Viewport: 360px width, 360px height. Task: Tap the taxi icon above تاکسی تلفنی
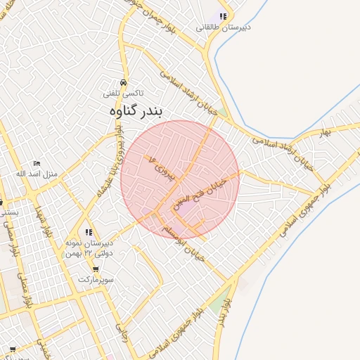[x=124, y=82]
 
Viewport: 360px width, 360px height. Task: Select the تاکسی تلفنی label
[x=123, y=93]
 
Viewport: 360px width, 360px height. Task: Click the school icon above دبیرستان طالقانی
[x=223, y=16]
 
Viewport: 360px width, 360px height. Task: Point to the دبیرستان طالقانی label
[x=223, y=27]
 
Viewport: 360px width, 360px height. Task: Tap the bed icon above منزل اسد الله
[x=37, y=163]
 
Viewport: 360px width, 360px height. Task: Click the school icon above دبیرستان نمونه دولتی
[x=89, y=232]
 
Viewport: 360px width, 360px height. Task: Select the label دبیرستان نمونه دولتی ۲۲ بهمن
[x=89, y=247]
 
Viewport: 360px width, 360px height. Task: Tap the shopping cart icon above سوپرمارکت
[x=96, y=269]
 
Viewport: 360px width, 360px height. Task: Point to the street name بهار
[x=324, y=132]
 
